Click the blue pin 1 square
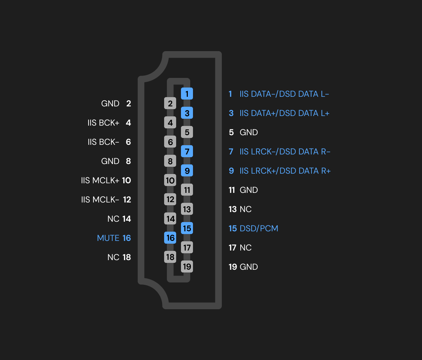coord(187,94)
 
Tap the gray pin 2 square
coord(170,103)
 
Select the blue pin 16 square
coord(170,238)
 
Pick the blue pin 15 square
coord(187,228)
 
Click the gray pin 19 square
coord(187,267)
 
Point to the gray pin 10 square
coord(170,180)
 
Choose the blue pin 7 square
coord(187,151)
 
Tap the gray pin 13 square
coord(187,209)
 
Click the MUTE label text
coord(108,238)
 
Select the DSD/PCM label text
coord(259,228)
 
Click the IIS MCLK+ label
coord(100,180)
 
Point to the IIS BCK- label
coord(103,142)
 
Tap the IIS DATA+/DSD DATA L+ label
coord(284,113)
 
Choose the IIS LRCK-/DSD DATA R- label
coord(285,151)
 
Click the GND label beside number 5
coord(249,132)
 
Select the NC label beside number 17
coord(246,247)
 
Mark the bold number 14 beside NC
coord(127,219)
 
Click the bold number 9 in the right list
coord(231,171)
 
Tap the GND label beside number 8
coord(110,161)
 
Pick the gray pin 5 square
coord(187,132)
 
